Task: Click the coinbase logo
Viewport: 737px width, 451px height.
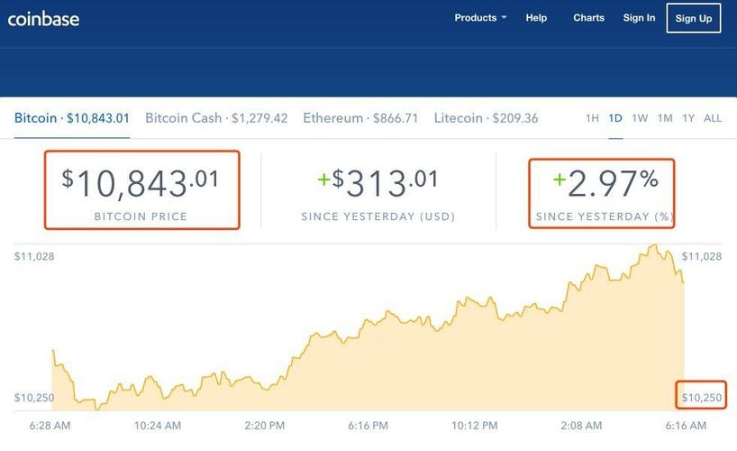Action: point(43,17)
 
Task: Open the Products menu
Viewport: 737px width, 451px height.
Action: point(480,18)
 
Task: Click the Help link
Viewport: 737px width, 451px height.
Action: point(536,18)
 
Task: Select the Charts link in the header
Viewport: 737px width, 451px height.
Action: point(588,18)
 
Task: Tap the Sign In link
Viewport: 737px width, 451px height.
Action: point(639,18)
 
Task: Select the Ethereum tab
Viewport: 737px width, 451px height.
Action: point(360,118)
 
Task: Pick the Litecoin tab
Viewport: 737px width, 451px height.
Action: point(486,118)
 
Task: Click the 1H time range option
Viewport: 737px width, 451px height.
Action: point(592,118)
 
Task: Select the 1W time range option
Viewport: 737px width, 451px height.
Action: point(640,118)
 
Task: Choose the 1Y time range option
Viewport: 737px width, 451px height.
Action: point(688,118)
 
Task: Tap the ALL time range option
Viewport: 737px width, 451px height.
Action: point(713,118)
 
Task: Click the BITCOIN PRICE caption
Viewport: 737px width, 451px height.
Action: point(141,217)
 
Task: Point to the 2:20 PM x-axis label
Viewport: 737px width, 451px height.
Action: point(264,425)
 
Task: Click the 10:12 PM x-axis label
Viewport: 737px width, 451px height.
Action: point(474,425)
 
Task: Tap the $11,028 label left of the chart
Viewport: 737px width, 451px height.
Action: point(34,257)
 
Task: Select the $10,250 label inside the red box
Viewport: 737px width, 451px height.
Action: point(701,398)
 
